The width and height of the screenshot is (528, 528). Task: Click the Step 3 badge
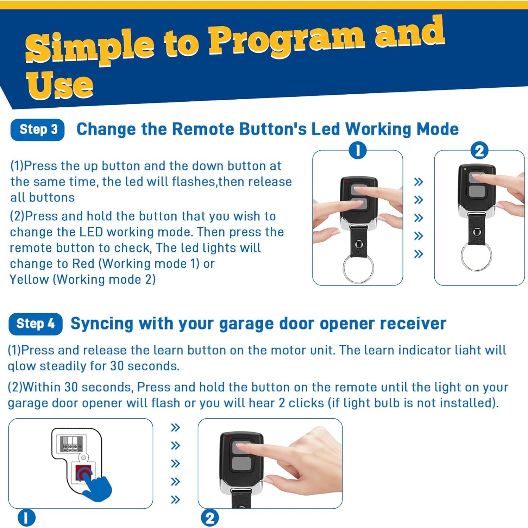(x=38, y=130)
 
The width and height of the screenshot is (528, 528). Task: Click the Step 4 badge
(x=36, y=324)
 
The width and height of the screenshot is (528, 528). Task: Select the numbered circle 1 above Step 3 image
(x=358, y=151)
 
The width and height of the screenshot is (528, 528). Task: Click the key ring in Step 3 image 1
(x=358, y=269)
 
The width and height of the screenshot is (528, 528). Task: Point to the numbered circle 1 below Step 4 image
(x=27, y=518)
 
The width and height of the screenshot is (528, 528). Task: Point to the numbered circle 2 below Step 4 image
(x=210, y=518)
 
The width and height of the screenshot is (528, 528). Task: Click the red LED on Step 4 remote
(x=228, y=438)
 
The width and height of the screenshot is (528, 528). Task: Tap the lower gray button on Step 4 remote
(x=241, y=464)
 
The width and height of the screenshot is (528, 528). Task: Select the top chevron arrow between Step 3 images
(x=418, y=182)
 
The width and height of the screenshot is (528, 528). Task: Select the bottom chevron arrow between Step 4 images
(x=175, y=499)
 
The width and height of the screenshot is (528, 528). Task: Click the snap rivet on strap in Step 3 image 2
(x=477, y=232)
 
